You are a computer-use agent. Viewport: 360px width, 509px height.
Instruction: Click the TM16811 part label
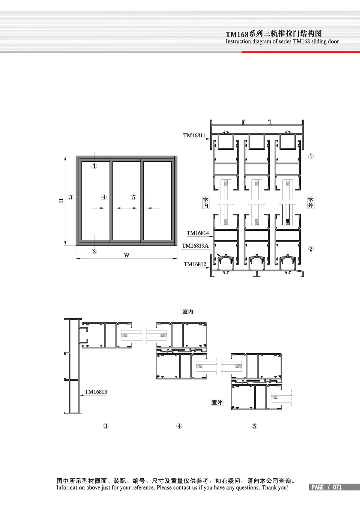click(x=194, y=136)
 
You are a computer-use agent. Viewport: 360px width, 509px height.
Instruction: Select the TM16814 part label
click(x=197, y=233)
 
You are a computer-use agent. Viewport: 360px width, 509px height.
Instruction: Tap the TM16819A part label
click(x=195, y=246)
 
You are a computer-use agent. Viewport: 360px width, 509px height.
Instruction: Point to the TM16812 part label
click(x=195, y=264)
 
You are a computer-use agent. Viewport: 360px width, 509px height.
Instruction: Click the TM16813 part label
click(x=96, y=392)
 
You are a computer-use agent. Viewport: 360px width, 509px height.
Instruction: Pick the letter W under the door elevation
click(x=127, y=256)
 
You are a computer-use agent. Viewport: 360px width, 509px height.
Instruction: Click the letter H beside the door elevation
click(x=61, y=200)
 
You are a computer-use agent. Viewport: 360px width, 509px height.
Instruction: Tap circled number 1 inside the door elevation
click(x=94, y=166)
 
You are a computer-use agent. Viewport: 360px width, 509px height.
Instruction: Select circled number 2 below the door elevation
click(x=94, y=251)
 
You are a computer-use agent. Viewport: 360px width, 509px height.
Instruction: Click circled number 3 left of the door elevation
click(x=70, y=197)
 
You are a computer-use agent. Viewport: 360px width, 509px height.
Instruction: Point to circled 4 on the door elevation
click(x=104, y=197)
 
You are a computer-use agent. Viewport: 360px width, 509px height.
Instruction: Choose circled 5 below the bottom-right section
click(x=254, y=426)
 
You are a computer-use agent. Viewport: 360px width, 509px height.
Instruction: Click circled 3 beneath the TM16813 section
click(x=106, y=426)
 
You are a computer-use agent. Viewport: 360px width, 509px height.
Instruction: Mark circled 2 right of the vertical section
click(x=311, y=249)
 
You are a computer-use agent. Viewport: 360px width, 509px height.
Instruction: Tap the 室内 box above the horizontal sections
click(x=188, y=311)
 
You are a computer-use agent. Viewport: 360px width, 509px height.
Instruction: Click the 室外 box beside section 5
click(x=217, y=403)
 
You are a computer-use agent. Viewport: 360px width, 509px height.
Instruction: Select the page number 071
click(x=337, y=487)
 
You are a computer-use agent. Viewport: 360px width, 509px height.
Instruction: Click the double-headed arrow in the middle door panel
click(x=127, y=208)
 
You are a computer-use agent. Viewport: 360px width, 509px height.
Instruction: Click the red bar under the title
click(x=301, y=52)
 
